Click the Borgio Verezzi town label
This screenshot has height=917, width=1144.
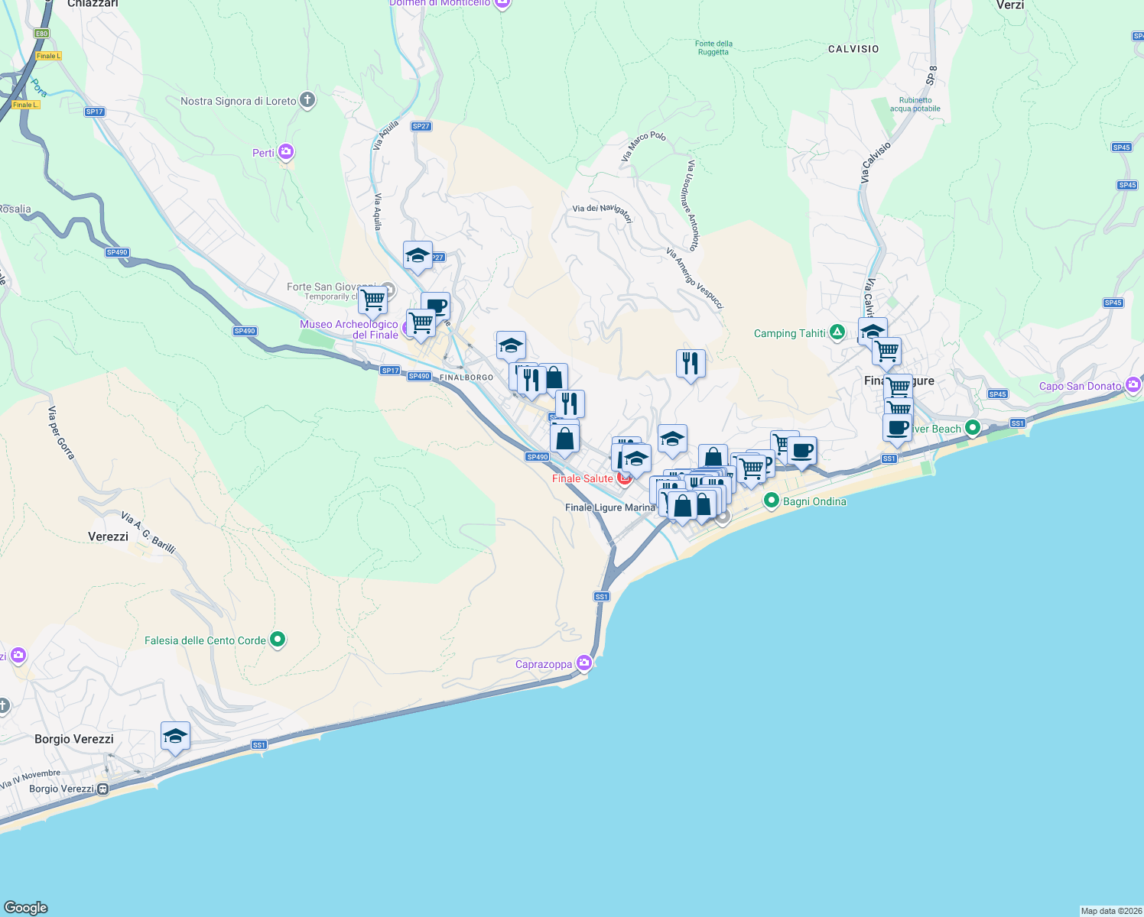(74, 739)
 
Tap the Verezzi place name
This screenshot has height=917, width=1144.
(108, 536)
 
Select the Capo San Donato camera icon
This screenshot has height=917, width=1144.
(1133, 385)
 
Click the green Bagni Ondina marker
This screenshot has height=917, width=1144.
(772, 501)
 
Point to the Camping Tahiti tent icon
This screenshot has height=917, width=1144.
(837, 332)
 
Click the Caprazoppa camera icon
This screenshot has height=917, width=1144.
(584, 663)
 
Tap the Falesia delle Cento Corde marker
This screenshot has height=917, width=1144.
(278, 640)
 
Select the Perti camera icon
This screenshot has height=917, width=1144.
(286, 152)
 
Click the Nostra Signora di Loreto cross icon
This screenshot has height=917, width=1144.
(307, 100)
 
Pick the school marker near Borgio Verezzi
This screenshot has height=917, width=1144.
(175, 737)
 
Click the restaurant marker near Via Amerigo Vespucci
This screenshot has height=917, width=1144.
(691, 364)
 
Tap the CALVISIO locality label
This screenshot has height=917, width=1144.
(853, 49)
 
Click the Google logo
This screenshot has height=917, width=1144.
(26, 908)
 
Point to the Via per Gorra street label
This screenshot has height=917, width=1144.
(61, 433)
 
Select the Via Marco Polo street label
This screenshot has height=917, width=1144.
(643, 145)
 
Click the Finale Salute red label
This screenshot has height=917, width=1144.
(582, 478)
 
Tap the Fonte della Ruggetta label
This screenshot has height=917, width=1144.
(713, 47)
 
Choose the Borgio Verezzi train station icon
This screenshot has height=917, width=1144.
(102, 789)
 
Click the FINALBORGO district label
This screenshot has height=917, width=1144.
(466, 377)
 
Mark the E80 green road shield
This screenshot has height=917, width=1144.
(41, 34)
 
